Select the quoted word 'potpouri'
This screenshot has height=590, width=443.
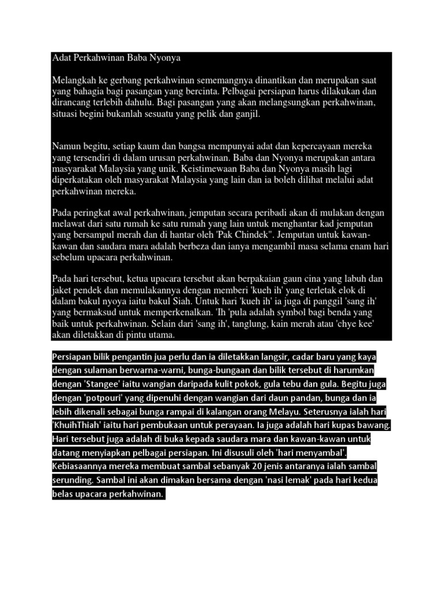pos(97,398)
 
